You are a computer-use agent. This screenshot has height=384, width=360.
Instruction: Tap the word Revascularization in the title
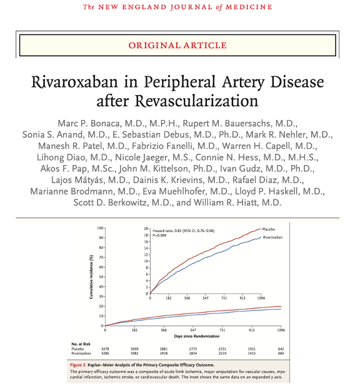(x=199, y=101)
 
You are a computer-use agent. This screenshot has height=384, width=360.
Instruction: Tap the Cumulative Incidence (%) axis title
(x=92, y=281)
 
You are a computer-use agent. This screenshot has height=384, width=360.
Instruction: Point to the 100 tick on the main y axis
(x=100, y=228)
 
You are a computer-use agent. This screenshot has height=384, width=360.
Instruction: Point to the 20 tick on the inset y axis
(x=146, y=229)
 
